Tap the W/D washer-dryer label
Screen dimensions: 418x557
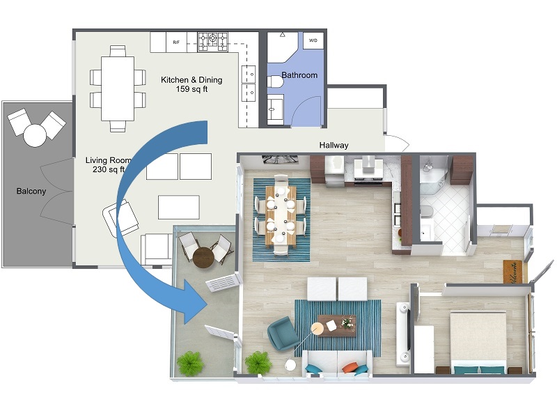click(313, 40)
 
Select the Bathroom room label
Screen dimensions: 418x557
click(299, 75)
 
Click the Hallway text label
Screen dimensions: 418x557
click(334, 146)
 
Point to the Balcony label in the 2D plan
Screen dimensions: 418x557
click(31, 191)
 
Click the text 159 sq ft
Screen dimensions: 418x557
click(191, 89)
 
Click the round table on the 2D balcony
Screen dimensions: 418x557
click(35, 134)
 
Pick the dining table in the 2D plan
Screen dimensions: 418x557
click(116, 88)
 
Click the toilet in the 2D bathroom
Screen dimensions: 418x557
click(276, 83)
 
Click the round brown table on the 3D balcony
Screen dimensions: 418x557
click(204, 256)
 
